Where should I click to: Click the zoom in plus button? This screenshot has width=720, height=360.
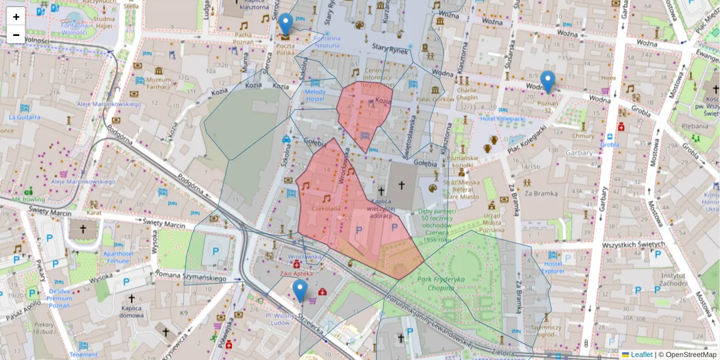point(16,17)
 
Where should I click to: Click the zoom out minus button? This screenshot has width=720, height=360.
point(16,35)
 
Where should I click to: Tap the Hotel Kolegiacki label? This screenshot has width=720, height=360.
point(503,119)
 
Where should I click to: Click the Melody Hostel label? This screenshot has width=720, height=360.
point(316,95)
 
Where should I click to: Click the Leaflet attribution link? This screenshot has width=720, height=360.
point(641,355)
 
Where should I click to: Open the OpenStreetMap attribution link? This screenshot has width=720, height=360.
point(691,355)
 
